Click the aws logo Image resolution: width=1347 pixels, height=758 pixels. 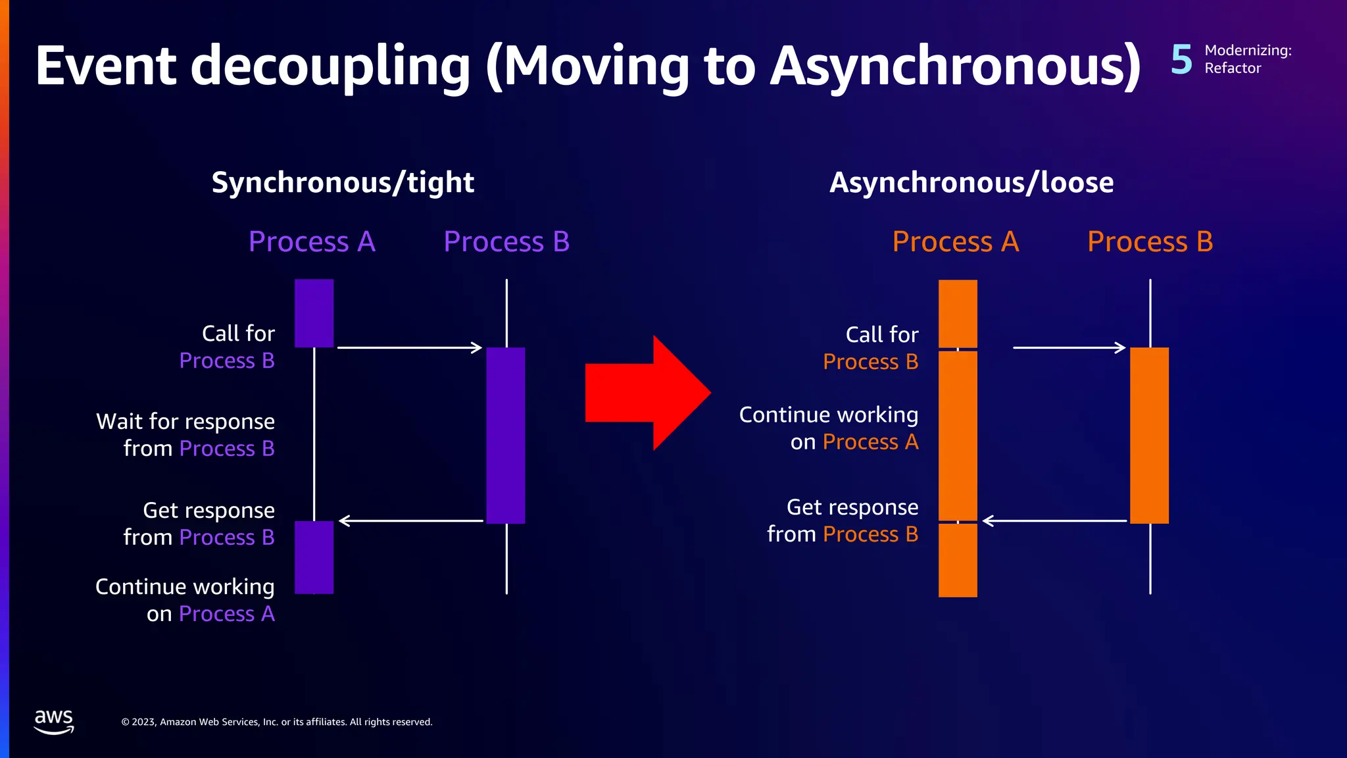(54, 721)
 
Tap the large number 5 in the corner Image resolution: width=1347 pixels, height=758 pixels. (1181, 59)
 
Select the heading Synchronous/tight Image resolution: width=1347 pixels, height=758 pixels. (343, 182)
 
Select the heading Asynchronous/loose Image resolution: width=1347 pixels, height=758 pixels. (971, 182)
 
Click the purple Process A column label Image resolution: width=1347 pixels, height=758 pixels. (312, 241)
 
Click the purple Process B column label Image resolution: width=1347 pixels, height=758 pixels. (506, 241)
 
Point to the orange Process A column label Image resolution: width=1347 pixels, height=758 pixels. (955, 241)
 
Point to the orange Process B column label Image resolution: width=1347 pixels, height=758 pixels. (1150, 241)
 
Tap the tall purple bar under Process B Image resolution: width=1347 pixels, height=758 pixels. (505, 435)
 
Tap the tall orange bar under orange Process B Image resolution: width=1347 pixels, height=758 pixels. (1149, 435)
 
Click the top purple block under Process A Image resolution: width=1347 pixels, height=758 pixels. (314, 313)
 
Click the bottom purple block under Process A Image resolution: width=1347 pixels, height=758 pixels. (314, 557)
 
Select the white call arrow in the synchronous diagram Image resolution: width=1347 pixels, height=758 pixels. (409, 347)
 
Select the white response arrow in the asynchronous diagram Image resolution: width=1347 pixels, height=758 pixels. (1054, 520)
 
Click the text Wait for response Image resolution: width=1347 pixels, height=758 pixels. (185, 421)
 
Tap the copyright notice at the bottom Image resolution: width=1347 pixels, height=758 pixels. (277, 722)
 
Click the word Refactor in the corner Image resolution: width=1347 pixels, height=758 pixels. (1233, 68)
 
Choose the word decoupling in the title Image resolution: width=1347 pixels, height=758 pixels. (331, 66)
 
